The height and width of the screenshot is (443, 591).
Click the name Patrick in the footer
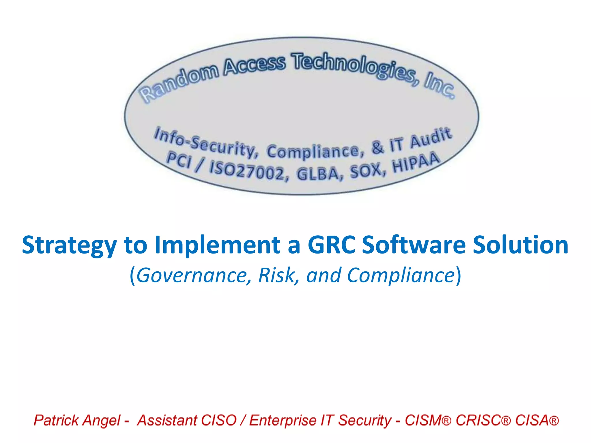56,420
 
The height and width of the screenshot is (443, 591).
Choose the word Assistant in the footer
166,420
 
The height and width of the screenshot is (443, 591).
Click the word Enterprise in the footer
283,420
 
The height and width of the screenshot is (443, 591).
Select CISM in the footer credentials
424,420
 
